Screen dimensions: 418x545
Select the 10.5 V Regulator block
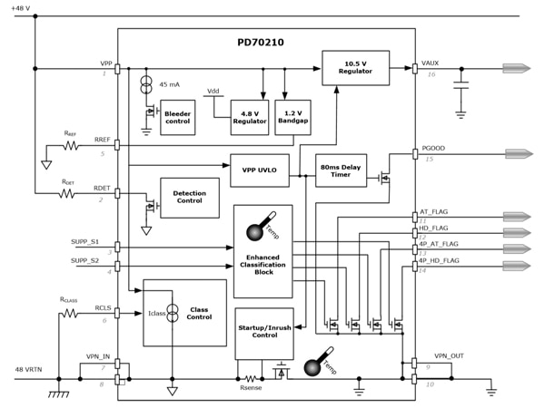pyautogui.click(x=354, y=68)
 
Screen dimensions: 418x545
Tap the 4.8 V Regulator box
pyautogui.click(x=249, y=117)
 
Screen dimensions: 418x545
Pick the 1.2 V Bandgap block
pyautogui.click(x=292, y=117)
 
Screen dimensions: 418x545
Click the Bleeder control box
pyautogui.click(x=177, y=117)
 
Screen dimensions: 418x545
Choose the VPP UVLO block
pyautogui.click(x=259, y=170)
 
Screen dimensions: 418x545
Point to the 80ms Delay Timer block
pyautogui.click(x=341, y=170)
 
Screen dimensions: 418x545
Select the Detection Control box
pyautogui.click(x=189, y=198)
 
